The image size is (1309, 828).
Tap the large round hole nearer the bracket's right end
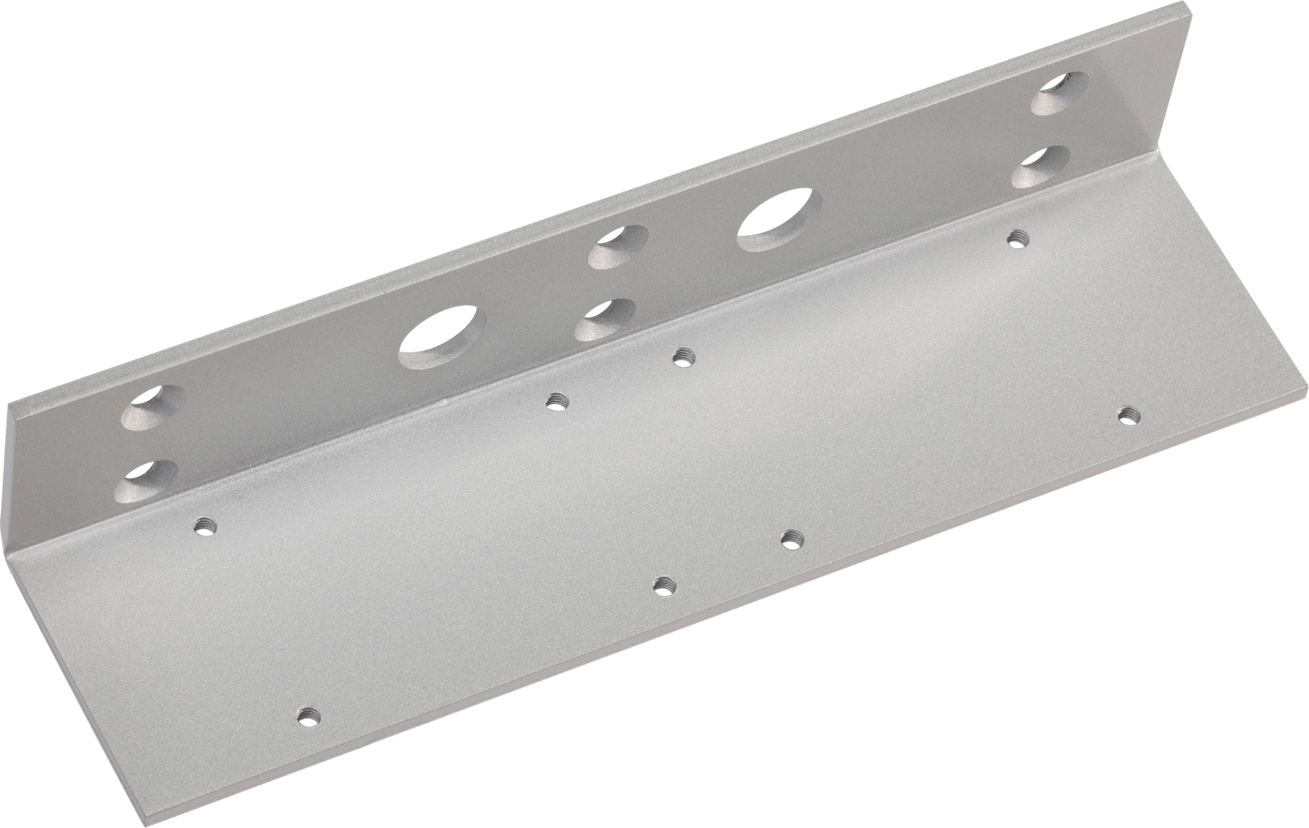tap(779, 220)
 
